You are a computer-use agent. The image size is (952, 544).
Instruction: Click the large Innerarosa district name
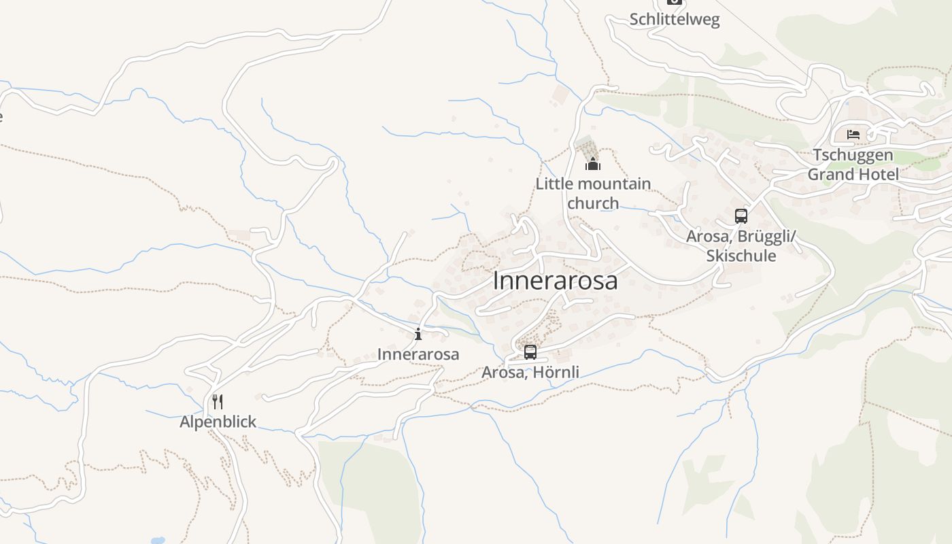point(555,280)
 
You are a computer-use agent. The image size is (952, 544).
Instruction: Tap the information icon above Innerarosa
point(418,334)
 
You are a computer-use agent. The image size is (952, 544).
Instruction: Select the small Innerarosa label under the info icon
point(418,354)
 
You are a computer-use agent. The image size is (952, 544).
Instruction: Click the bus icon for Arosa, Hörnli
point(530,352)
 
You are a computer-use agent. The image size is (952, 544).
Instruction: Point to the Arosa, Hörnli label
point(530,372)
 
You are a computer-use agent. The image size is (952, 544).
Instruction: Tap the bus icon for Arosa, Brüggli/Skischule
point(741,216)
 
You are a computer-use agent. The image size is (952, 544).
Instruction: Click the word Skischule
point(741,256)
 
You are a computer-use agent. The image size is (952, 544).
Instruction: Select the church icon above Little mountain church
point(593,164)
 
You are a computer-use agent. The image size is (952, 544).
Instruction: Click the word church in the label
point(593,203)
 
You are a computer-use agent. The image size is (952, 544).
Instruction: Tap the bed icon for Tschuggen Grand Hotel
point(853,134)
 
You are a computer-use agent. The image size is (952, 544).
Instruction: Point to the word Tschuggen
point(853,155)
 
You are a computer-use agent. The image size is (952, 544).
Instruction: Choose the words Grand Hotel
point(853,174)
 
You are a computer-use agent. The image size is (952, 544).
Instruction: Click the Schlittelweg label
point(674,19)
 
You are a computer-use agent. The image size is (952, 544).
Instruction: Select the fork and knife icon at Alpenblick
point(218,402)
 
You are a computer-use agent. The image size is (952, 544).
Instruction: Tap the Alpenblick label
point(218,422)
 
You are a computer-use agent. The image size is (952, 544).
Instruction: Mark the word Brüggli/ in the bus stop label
point(763,237)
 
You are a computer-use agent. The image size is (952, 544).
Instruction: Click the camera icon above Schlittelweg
point(674,2)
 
